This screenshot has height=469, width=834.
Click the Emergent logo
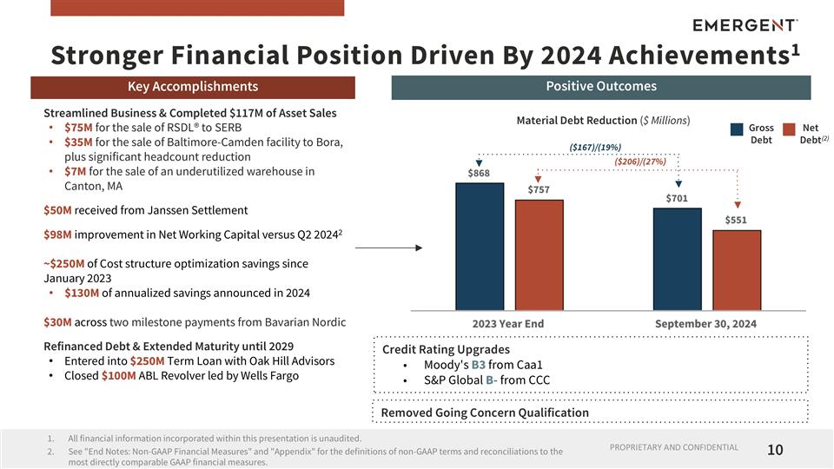click(x=746, y=24)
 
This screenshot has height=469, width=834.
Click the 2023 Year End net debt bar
click(x=539, y=254)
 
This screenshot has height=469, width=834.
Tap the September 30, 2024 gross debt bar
click(x=677, y=258)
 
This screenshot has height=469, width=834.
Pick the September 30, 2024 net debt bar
click(x=737, y=269)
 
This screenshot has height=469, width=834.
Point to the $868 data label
click(x=479, y=174)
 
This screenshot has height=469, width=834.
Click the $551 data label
click(x=737, y=221)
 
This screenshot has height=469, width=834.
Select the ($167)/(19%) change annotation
click(x=595, y=147)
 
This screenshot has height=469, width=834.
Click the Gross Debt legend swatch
click(x=737, y=129)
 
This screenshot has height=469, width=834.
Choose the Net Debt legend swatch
click(x=789, y=129)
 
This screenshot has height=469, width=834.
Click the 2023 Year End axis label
click(x=507, y=323)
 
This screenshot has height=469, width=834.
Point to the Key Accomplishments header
click(x=192, y=86)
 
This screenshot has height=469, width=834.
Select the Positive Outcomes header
click(x=600, y=86)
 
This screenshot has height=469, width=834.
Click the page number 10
click(x=776, y=450)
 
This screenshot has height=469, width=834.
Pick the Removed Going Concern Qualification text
click(x=485, y=413)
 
